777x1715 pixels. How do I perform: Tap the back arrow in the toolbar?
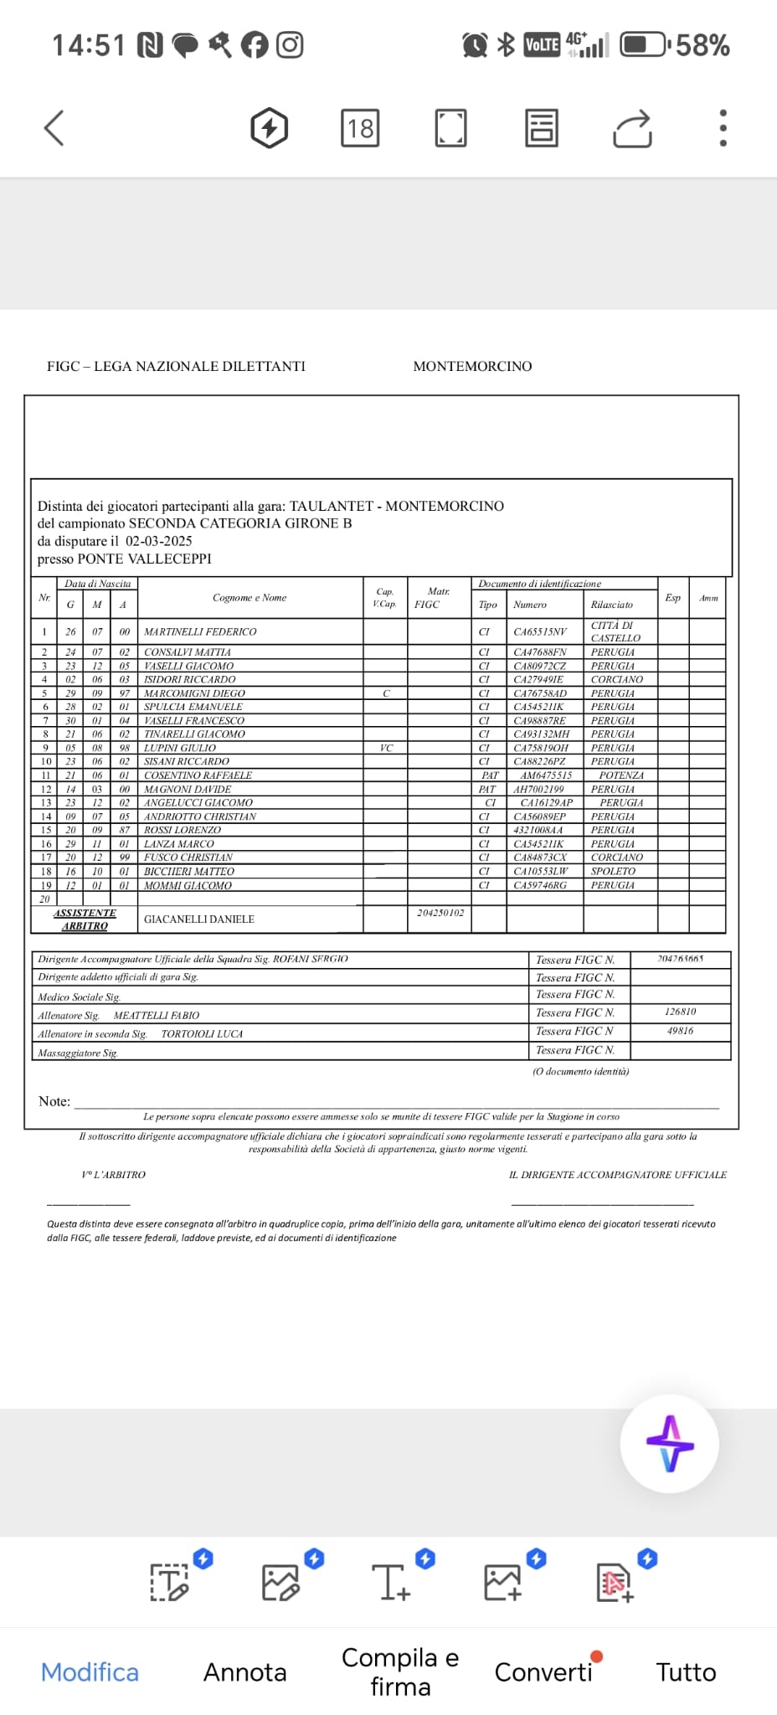(54, 128)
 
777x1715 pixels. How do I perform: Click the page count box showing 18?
(360, 128)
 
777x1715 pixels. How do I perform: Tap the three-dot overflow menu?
(723, 128)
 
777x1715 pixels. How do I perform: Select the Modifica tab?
(90, 1672)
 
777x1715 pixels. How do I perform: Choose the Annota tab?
(244, 1672)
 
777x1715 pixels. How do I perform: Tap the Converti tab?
(543, 1672)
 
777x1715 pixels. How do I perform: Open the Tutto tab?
(686, 1672)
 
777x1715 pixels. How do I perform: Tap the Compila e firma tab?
(400, 1672)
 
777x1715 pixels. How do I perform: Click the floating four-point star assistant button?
(669, 1444)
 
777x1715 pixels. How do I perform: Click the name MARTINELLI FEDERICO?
(200, 632)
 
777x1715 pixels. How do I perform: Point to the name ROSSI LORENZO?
(183, 830)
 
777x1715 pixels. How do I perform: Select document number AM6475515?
(546, 775)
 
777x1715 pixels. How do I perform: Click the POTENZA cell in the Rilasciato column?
(621, 775)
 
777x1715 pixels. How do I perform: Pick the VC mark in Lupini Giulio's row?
(386, 748)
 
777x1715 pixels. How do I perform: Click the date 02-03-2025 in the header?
(159, 541)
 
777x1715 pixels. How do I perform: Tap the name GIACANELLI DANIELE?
(199, 919)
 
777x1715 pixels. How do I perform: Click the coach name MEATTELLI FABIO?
(157, 1016)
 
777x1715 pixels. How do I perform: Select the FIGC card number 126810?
(680, 1012)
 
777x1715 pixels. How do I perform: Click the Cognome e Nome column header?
(250, 598)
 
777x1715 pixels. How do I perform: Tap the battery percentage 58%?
(702, 45)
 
